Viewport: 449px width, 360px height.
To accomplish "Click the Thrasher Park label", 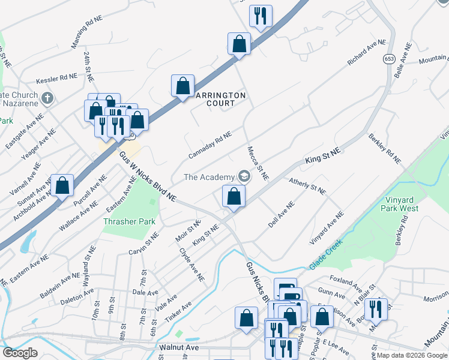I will click(130, 221).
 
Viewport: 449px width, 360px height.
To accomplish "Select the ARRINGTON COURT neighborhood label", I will click(219, 99).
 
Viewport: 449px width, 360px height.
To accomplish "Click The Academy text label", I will click(208, 177).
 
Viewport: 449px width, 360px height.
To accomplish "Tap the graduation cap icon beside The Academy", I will click(244, 176).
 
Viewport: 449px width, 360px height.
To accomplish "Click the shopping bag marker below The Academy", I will click(234, 196).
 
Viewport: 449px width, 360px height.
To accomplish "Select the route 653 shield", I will click(388, 59).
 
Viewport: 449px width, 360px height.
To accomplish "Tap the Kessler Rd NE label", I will click(57, 77).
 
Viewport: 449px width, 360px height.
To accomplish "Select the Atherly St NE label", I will click(307, 186).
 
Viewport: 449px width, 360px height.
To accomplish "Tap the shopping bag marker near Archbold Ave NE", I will click(62, 185).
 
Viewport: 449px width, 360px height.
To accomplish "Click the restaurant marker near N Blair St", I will click(376, 310).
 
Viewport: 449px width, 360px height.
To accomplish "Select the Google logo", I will click(20, 353).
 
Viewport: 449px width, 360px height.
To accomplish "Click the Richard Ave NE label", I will click(366, 52).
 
